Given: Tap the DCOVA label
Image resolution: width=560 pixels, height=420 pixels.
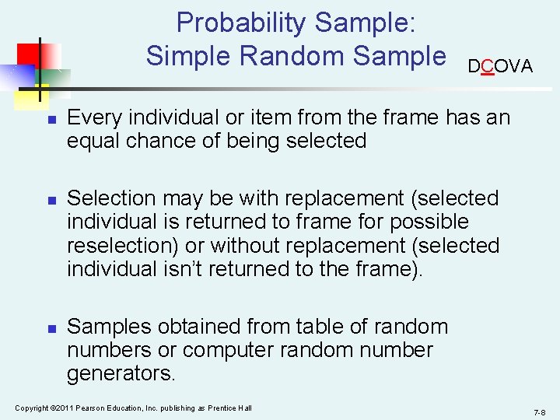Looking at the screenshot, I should pyautogui.click(x=500, y=67).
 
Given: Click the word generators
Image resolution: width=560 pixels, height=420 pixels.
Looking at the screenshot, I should pyautogui.click(x=121, y=374).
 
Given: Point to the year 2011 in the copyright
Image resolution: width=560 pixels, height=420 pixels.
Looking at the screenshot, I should pyautogui.click(x=60, y=408).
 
